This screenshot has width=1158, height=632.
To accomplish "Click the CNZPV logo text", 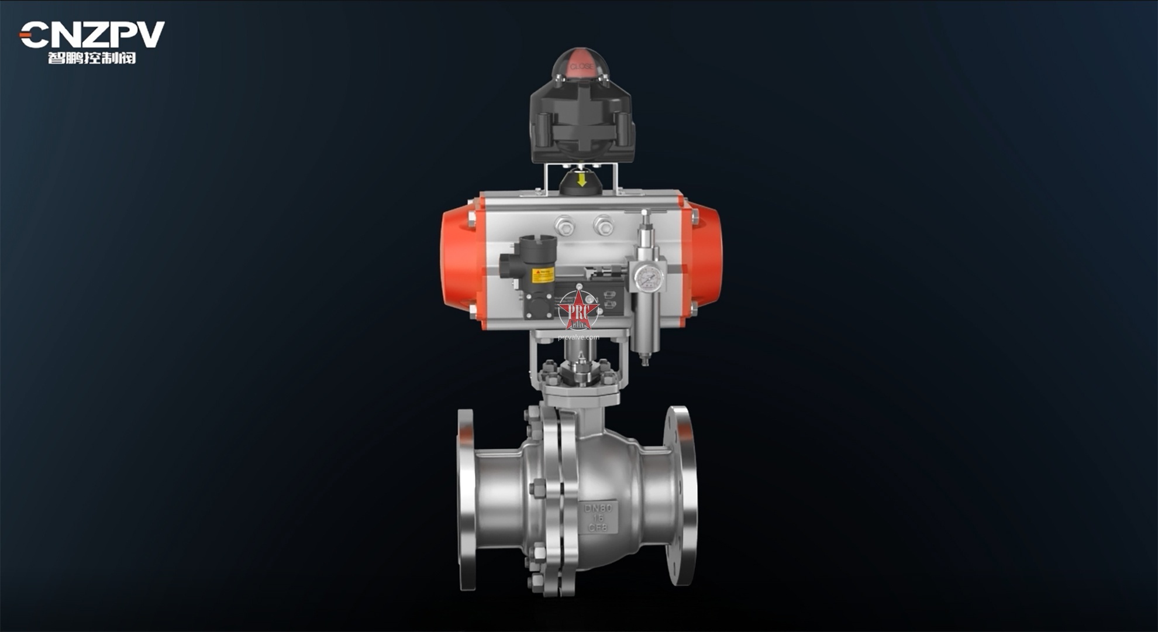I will point(92,35).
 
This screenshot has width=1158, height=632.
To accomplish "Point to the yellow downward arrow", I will point(581,179).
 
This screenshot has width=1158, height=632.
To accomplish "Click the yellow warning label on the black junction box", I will point(542,274).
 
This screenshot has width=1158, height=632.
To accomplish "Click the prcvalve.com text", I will point(578,338).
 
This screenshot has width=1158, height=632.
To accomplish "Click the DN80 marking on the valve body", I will point(597,508).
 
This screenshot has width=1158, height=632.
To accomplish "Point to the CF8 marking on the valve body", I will point(597,527).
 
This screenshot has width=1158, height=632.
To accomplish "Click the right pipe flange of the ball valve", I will point(681,494).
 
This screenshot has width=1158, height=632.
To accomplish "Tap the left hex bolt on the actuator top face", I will point(564,225).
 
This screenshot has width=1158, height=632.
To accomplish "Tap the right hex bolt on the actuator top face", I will point(602,225).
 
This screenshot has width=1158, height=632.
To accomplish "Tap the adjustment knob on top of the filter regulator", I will point(645,221).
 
